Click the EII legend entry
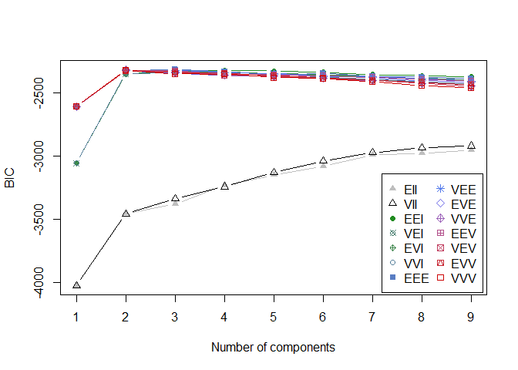(409, 189)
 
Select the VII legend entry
(409, 203)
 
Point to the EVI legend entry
(409, 247)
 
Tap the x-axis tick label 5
(274, 316)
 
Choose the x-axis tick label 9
(471, 316)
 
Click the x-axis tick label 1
(76, 316)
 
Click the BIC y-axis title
(11, 182)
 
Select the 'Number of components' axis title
(273, 347)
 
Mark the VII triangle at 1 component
(76, 285)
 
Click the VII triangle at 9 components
(471, 145)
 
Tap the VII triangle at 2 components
(126, 213)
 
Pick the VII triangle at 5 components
(274, 172)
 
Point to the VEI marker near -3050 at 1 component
(76, 163)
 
